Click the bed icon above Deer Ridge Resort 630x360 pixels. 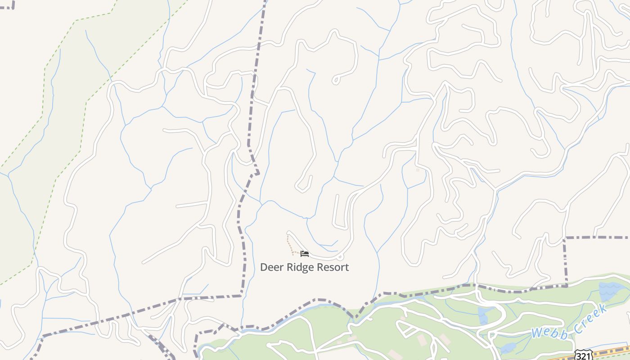tap(305, 254)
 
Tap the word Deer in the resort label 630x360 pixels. tap(270, 267)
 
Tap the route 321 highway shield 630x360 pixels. tap(583, 355)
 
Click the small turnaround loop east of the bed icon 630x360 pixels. tap(340, 257)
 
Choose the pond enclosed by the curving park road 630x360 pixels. tap(483, 315)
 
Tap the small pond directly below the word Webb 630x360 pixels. tap(508, 348)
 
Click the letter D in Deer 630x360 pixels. tap(264, 267)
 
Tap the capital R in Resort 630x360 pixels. tap(320, 267)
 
